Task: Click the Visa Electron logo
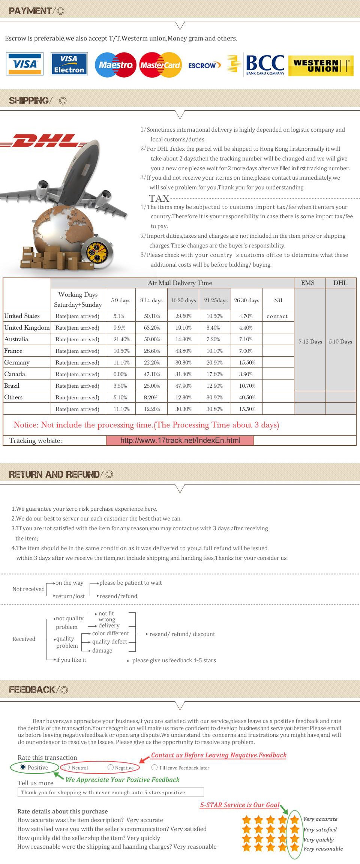69,64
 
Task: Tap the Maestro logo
115,65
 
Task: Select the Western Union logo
321,66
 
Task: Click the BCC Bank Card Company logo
265,64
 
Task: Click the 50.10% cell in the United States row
152,316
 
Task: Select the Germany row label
17,363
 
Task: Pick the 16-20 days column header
183,300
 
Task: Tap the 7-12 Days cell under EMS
310,342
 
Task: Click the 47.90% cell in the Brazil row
183,386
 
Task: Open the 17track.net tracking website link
180,440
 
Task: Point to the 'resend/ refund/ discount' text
182,634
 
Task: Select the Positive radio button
23,767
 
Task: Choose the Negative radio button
110,767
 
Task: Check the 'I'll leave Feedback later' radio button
154,767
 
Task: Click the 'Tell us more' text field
111,792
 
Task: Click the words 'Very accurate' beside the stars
320,819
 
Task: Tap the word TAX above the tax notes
159,198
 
